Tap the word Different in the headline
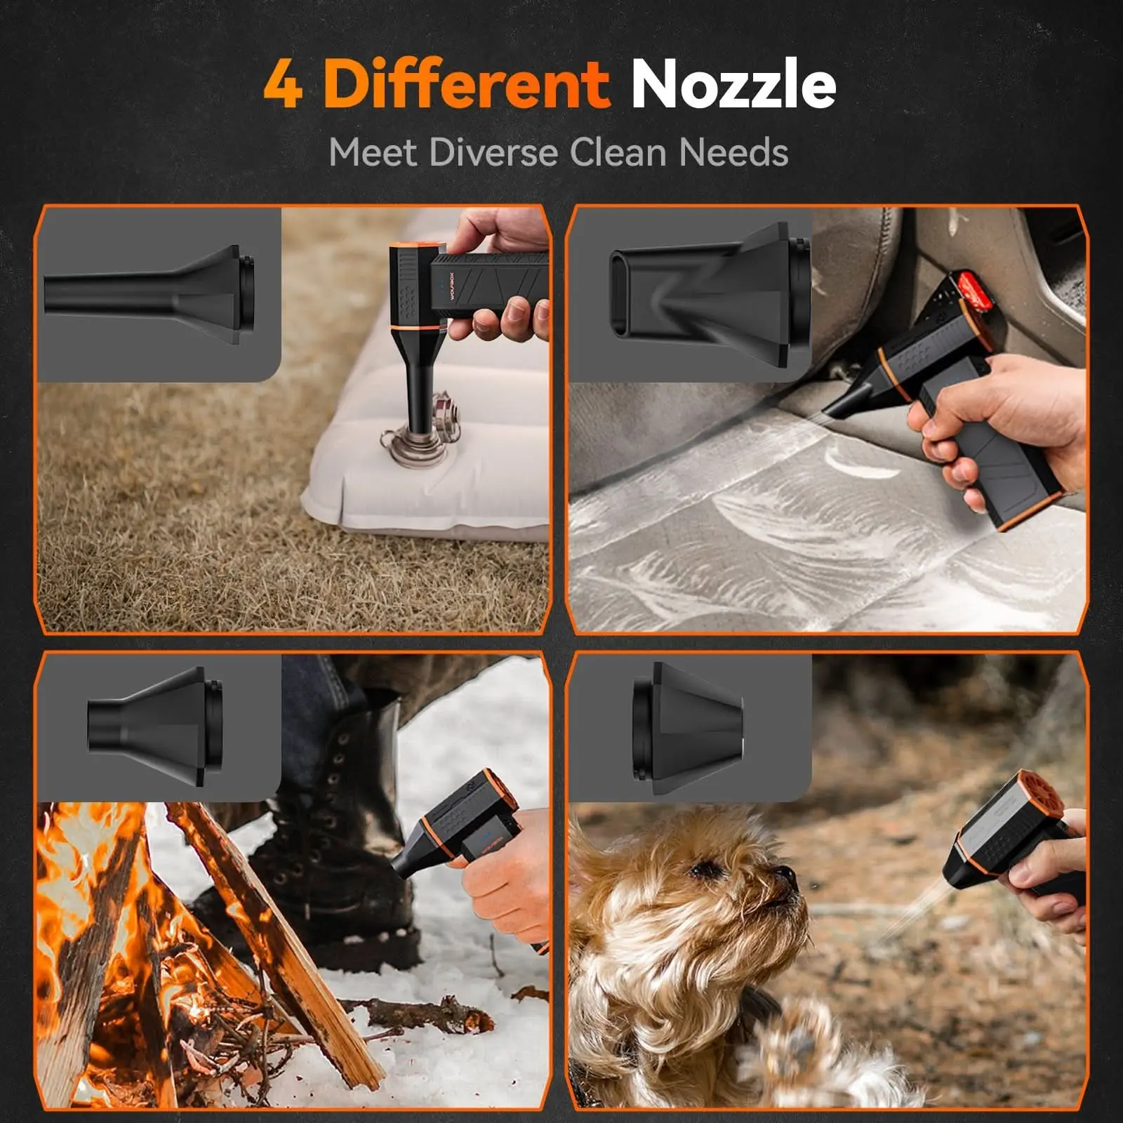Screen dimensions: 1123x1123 pos(466,84)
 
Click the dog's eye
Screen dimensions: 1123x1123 pos(702,871)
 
